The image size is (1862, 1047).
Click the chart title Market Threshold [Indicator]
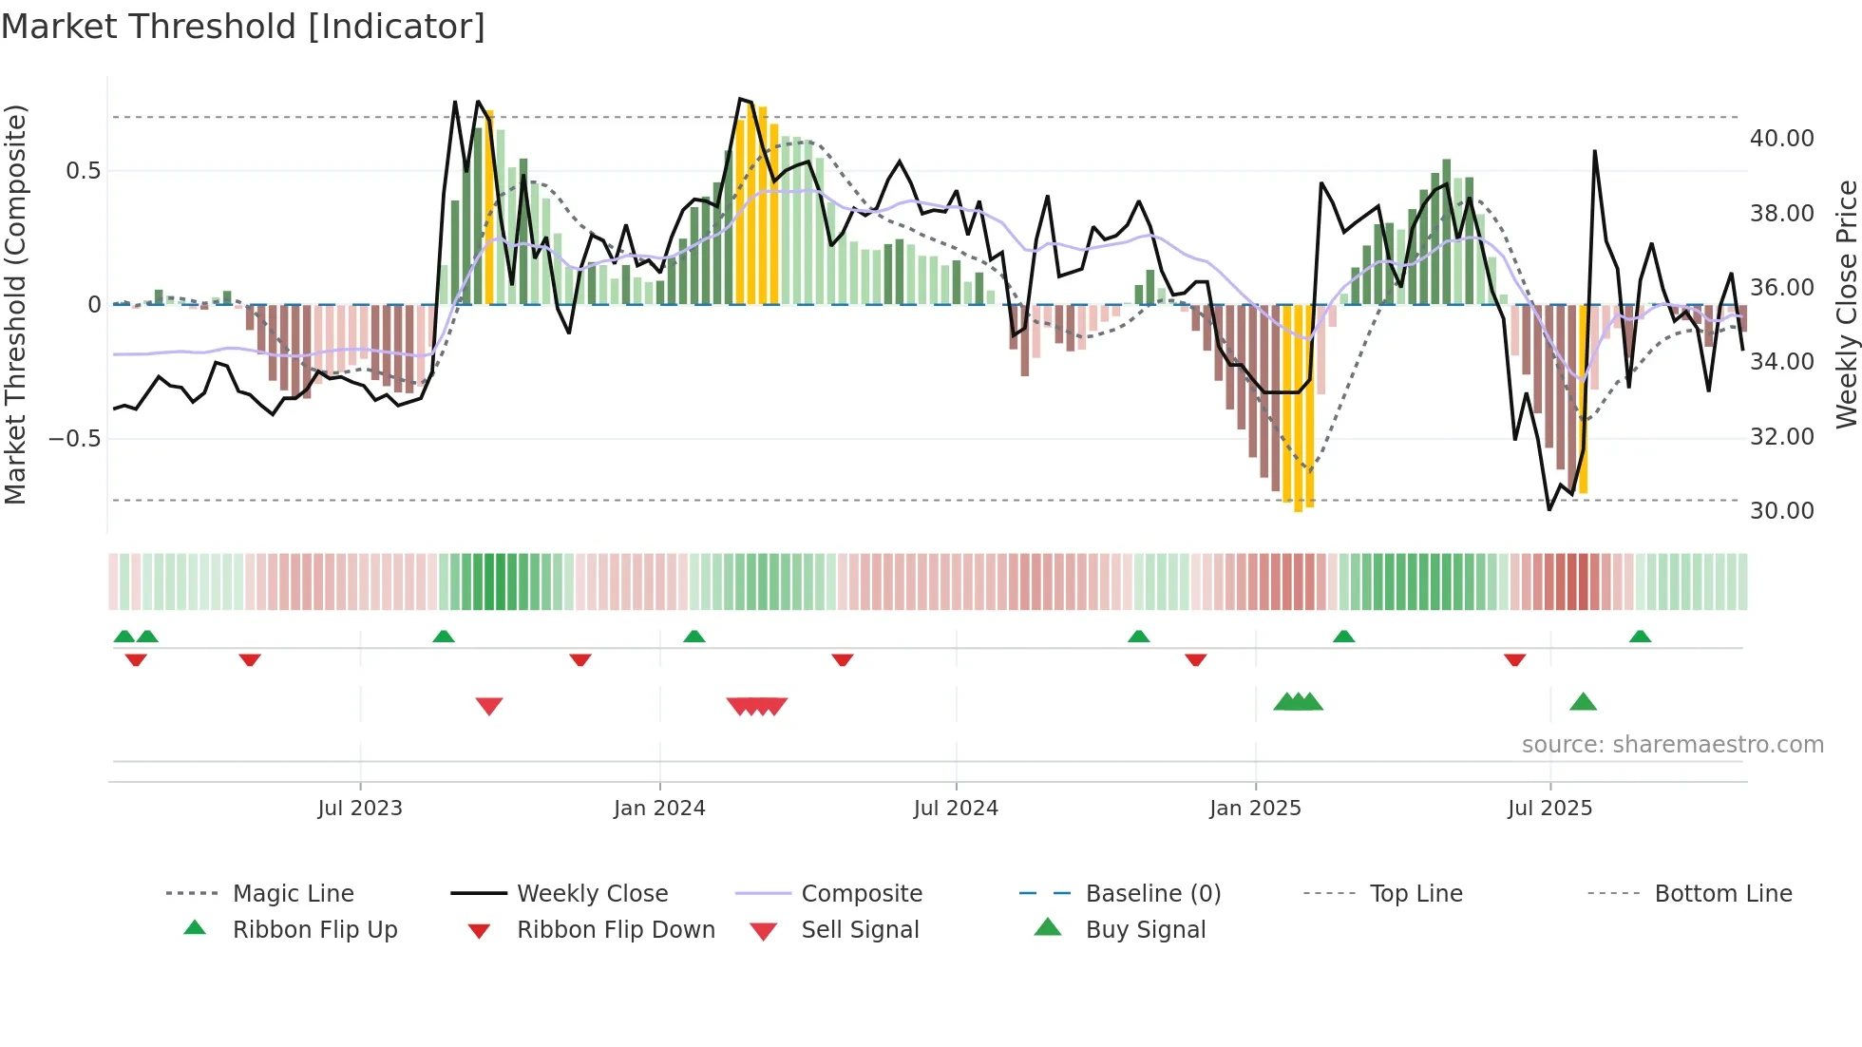[x=243, y=27]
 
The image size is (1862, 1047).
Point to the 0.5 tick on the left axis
[x=83, y=171]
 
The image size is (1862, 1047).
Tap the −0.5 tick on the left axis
[x=75, y=438]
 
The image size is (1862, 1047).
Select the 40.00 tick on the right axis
[x=1781, y=139]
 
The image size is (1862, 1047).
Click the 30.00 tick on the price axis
[x=1781, y=511]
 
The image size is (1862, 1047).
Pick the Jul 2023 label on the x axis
[x=360, y=809]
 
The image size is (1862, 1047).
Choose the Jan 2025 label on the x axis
[x=1255, y=809]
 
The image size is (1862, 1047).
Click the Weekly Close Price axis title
[x=1846, y=304]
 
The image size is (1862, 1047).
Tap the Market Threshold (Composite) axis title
[x=15, y=304]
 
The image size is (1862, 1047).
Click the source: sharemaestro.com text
[x=1672, y=745]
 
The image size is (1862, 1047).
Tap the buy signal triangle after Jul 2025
[x=1583, y=702]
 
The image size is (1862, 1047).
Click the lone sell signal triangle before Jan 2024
[x=488, y=706]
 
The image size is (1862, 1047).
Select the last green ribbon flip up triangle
[x=1640, y=637]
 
